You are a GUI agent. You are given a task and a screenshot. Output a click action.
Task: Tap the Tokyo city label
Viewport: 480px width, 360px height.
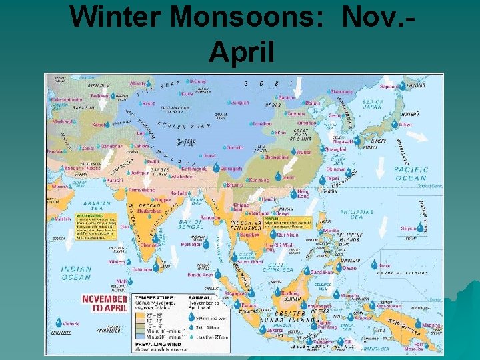(405, 124)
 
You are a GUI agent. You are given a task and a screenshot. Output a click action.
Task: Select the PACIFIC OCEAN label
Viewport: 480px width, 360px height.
(411, 174)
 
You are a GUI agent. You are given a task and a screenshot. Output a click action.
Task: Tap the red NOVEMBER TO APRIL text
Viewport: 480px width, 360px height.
(104, 303)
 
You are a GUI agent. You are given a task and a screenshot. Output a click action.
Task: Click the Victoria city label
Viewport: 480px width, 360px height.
(71, 324)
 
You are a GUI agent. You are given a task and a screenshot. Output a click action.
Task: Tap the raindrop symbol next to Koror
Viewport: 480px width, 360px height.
(374, 266)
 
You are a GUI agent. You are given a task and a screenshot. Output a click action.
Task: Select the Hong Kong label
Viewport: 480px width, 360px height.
(303, 194)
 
